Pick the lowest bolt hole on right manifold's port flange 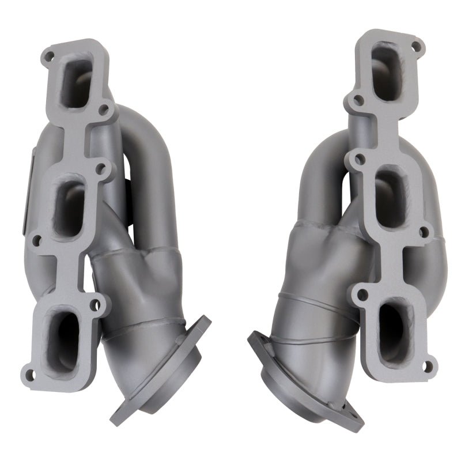click(x=428, y=364)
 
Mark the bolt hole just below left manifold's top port click(x=103, y=108)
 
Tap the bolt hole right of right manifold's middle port click(x=425, y=233)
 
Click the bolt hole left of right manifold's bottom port click(x=362, y=295)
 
